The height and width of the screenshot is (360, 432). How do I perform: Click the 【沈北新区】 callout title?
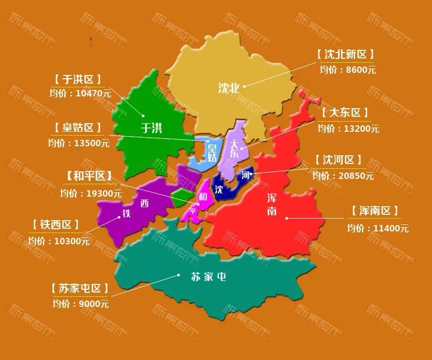point(345,54)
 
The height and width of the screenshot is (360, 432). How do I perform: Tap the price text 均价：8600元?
point(348,70)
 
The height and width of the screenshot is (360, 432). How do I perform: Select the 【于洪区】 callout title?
point(78,79)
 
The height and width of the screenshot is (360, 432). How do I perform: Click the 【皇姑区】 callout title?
point(78,127)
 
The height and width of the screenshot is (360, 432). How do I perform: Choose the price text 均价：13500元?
point(79,143)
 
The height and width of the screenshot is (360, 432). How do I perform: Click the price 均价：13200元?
point(348,129)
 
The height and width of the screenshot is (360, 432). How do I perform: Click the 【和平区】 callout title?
point(89,176)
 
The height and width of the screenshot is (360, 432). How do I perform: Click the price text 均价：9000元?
point(81,304)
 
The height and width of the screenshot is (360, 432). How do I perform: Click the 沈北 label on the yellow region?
point(229,88)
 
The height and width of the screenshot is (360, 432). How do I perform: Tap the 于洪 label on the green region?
point(151,127)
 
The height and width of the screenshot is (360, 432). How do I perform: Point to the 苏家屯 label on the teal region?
point(209,277)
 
